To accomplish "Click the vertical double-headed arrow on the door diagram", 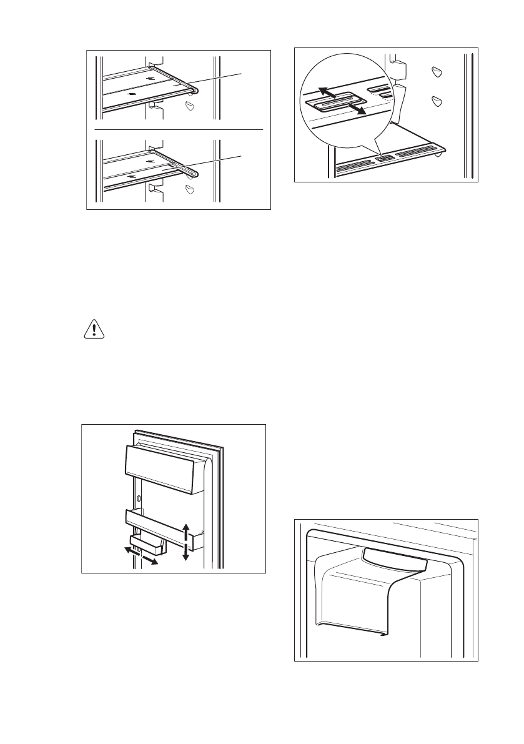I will pyautogui.click(x=185, y=542).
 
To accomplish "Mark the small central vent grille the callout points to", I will pyautogui.click(x=383, y=160).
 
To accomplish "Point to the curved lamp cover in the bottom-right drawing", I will pyautogui.click(x=393, y=558).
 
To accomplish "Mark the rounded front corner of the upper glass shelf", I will pyautogui.click(x=195, y=91).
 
